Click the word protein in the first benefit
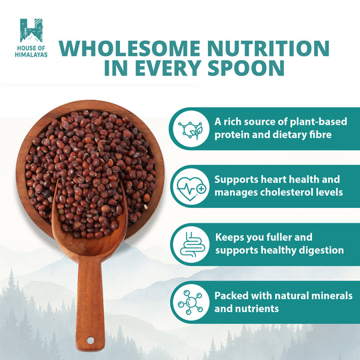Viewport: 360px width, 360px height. [x=233, y=135]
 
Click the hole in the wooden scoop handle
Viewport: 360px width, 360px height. [x=92, y=341]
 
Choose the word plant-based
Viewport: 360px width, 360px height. [x=307, y=122]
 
